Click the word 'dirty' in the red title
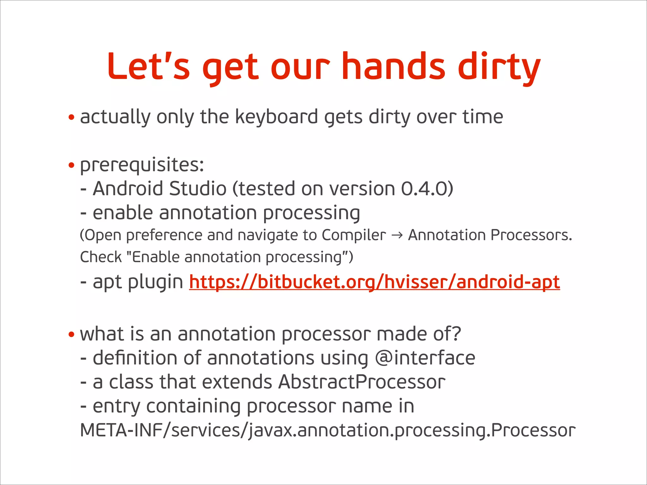[x=499, y=67]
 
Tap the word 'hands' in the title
[x=393, y=67]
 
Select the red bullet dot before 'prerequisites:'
[x=71, y=165]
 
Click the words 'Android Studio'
[x=160, y=189]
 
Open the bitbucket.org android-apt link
[x=374, y=282]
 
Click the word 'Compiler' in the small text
[x=354, y=236]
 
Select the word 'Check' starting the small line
[x=101, y=257]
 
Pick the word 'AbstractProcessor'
[x=362, y=382]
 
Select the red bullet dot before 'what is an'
[x=71, y=334]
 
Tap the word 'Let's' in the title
[x=148, y=67]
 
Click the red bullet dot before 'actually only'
[x=71, y=118]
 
